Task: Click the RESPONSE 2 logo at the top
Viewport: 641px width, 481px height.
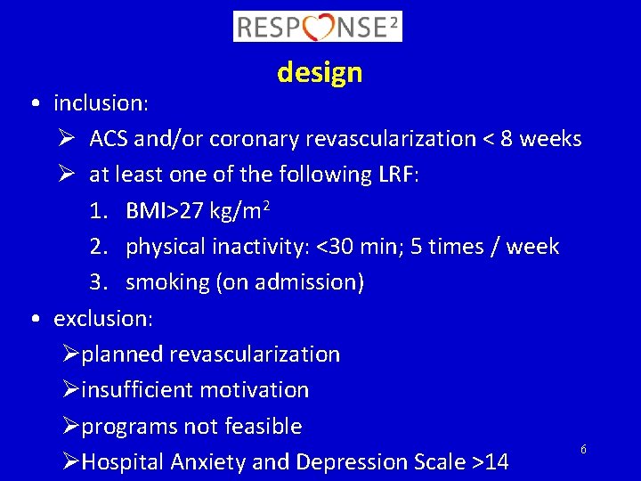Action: pos(318,27)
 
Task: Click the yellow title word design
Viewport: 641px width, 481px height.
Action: pos(320,72)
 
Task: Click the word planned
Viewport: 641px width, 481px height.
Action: pos(122,355)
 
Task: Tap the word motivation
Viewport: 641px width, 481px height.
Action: pos(255,390)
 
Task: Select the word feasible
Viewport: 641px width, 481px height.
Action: pos(264,427)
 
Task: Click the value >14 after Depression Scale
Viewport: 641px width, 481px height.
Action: pos(491,462)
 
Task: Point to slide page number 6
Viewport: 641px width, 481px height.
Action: pos(583,450)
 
